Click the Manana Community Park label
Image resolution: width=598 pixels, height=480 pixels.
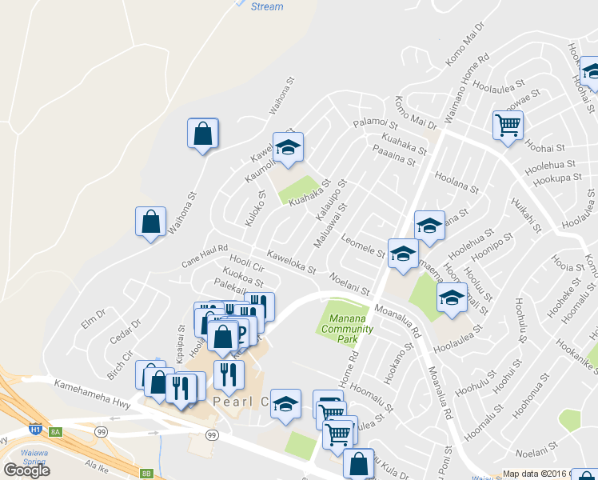[347, 330]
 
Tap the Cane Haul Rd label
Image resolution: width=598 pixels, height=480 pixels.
[205, 254]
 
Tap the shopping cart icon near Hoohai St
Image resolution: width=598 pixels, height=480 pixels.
[508, 126]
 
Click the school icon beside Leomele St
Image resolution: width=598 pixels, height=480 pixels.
[403, 254]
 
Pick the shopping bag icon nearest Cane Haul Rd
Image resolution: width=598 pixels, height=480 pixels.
[151, 222]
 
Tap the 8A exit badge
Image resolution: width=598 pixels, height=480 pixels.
[55, 432]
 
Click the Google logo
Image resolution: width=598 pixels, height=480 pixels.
[26, 470]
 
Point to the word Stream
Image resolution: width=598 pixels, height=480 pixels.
[266, 6]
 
